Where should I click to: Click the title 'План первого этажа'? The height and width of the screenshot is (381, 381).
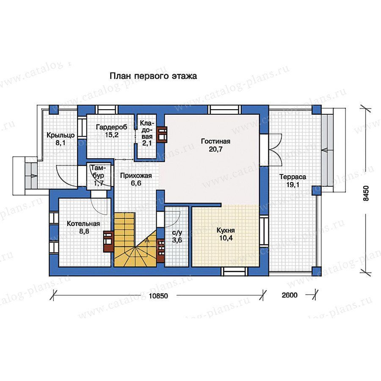(x=153, y=76)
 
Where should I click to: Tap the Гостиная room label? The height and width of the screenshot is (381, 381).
(x=215, y=141)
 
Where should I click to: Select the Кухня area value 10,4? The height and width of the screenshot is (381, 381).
(x=226, y=238)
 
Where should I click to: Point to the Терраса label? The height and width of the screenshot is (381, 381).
(x=293, y=177)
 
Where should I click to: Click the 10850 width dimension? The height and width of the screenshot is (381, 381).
(x=158, y=296)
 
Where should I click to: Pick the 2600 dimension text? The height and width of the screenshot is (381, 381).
(x=290, y=295)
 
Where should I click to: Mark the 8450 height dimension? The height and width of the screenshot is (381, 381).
(x=366, y=193)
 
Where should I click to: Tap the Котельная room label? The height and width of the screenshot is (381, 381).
(x=83, y=224)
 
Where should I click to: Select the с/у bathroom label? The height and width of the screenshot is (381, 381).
(x=177, y=233)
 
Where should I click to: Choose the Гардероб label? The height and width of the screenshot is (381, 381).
(x=111, y=127)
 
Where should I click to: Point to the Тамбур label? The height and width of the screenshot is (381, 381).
(x=98, y=171)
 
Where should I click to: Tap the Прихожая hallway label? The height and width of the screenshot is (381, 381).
(x=136, y=175)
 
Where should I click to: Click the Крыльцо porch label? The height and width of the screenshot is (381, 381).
(x=61, y=135)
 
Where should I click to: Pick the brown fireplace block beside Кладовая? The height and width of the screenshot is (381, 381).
(x=162, y=135)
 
